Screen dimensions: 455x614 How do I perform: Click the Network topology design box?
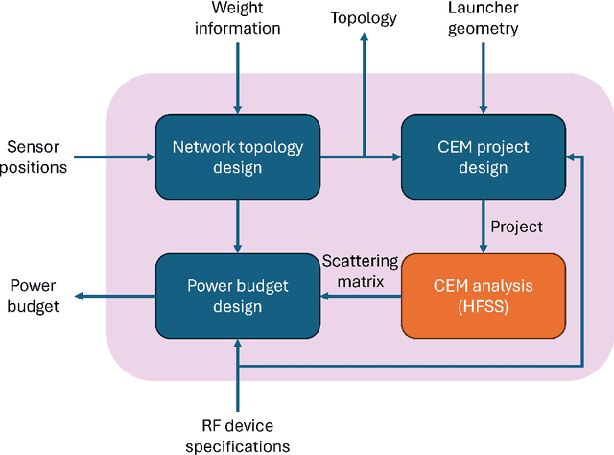point(237,156)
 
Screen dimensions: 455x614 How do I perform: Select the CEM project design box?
point(483,156)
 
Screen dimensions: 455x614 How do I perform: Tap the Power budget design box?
point(237,295)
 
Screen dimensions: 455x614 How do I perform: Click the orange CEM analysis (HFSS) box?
point(483,295)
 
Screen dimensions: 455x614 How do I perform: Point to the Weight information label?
point(238,19)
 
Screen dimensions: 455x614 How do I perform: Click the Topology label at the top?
point(363,17)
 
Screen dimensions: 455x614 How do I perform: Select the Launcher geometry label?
point(484,19)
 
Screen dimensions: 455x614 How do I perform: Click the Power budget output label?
point(35,295)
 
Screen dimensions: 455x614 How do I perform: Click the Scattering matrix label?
point(355,272)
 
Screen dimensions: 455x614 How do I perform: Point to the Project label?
point(516,227)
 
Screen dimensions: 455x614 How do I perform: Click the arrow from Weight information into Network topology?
point(238,77)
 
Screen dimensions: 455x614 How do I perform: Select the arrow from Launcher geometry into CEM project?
point(484,77)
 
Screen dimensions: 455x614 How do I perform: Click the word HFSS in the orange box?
point(483,306)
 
